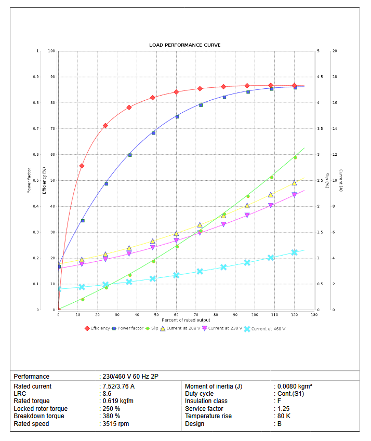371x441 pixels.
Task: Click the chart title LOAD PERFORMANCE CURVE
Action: [x=184, y=45]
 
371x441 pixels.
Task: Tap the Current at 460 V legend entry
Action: [x=268, y=328]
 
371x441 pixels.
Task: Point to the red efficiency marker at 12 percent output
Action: [x=82, y=166]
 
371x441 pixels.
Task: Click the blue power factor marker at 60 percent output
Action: [x=177, y=117]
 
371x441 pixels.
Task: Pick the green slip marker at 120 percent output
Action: [x=295, y=157]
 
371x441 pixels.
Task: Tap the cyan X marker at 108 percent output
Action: [x=271, y=258]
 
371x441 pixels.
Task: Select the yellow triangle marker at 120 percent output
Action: [x=294, y=183]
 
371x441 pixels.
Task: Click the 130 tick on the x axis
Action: [x=314, y=315]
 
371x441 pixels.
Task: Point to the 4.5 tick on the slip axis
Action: [x=320, y=77]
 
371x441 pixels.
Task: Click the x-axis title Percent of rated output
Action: [x=186, y=320]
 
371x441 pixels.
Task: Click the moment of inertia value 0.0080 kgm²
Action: [x=295, y=386]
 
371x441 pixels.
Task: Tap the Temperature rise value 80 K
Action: [x=284, y=416]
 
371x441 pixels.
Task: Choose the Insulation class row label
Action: [x=207, y=401]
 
